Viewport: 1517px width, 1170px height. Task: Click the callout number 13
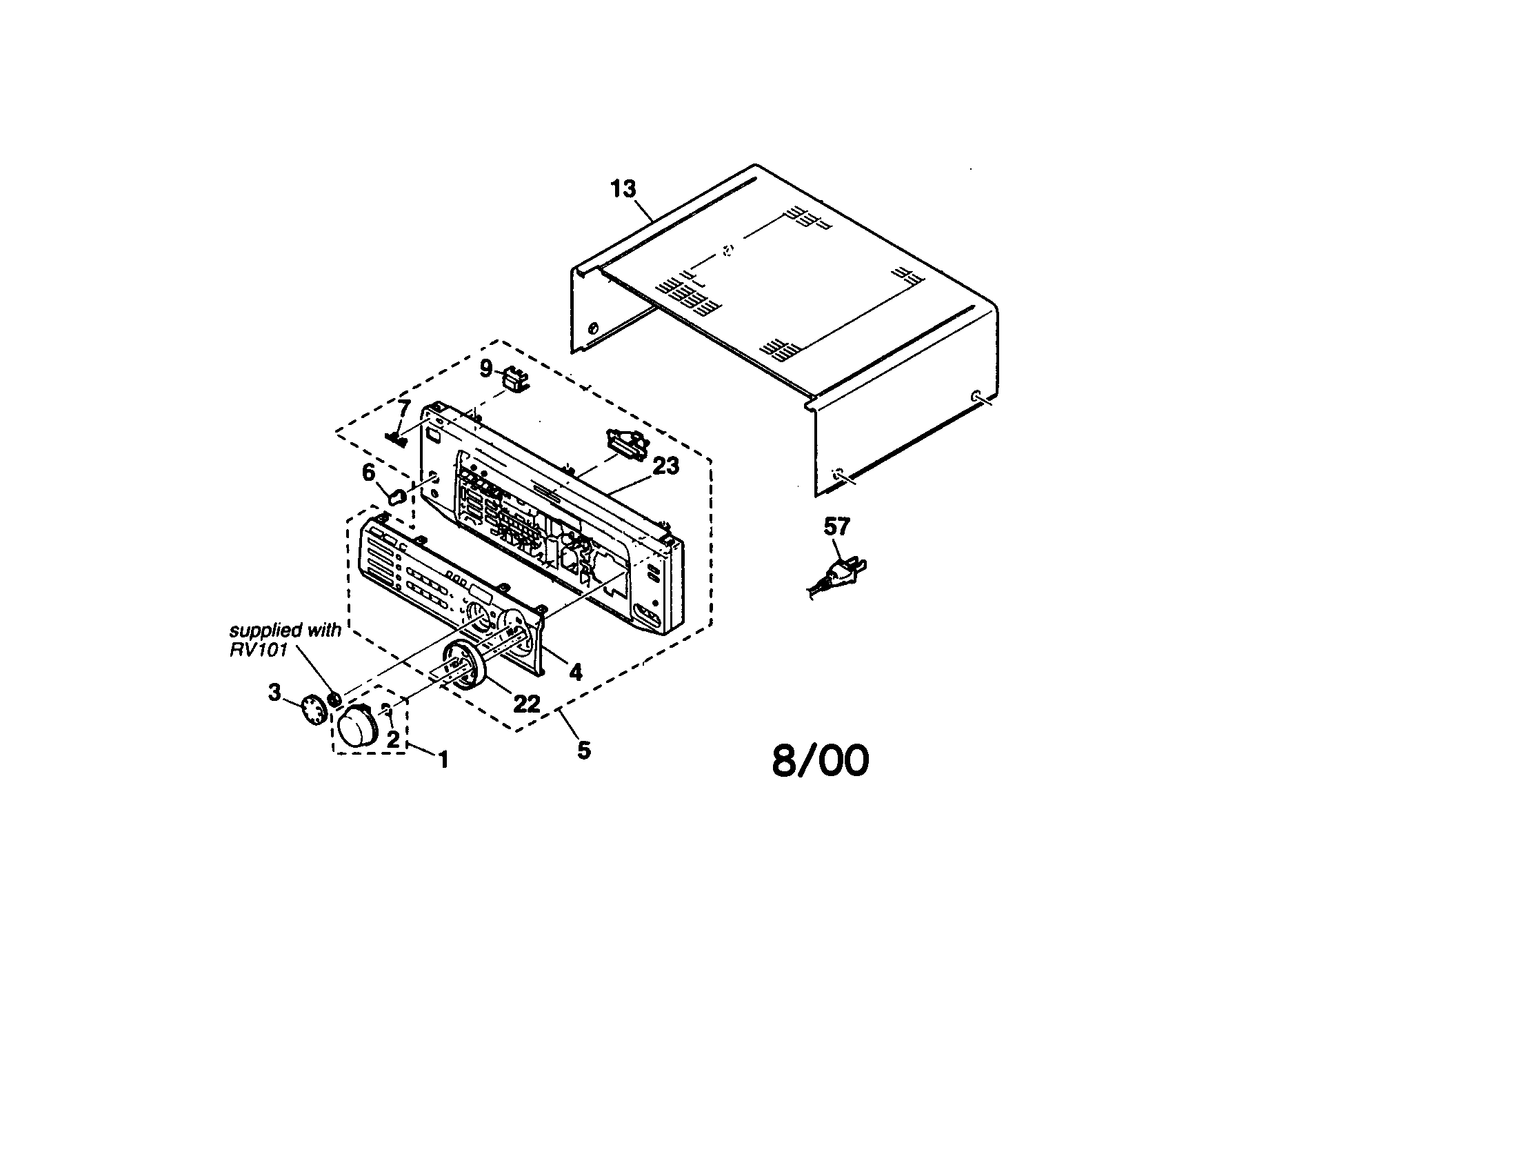623,188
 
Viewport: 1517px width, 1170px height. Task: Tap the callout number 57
836,526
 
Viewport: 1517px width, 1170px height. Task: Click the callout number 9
486,368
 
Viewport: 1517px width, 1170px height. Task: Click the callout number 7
403,408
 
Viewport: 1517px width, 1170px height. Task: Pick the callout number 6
368,473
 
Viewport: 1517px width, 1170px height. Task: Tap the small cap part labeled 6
396,496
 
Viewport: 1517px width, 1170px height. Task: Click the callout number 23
665,466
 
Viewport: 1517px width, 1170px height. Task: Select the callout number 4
575,672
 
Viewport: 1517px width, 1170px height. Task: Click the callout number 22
526,704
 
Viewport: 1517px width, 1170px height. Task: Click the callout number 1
443,760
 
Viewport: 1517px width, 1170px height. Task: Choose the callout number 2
393,740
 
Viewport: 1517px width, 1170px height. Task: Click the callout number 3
275,692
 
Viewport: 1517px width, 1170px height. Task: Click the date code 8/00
821,761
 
